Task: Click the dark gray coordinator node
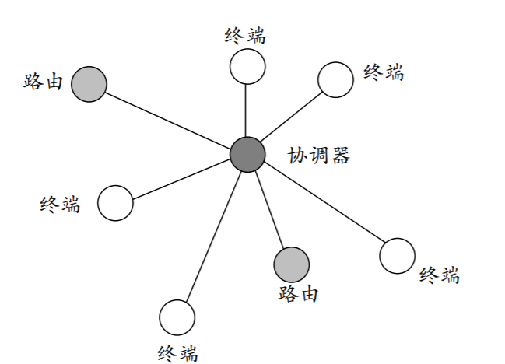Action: (x=247, y=154)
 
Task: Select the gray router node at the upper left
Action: (x=89, y=83)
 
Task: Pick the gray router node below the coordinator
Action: (x=292, y=264)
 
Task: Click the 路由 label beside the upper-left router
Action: (x=43, y=81)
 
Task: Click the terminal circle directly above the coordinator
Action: (x=247, y=65)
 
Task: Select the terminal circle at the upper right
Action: (x=336, y=79)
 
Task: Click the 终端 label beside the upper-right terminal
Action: (x=384, y=72)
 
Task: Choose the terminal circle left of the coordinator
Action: (x=116, y=203)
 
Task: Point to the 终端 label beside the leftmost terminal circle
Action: (x=60, y=205)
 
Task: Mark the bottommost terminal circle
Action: (x=177, y=317)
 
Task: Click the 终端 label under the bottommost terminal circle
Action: (x=177, y=351)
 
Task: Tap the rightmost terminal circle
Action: (x=398, y=255)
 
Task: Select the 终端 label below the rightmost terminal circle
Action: (x=440, y=275)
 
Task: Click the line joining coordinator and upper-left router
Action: (x=167, y=118)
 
